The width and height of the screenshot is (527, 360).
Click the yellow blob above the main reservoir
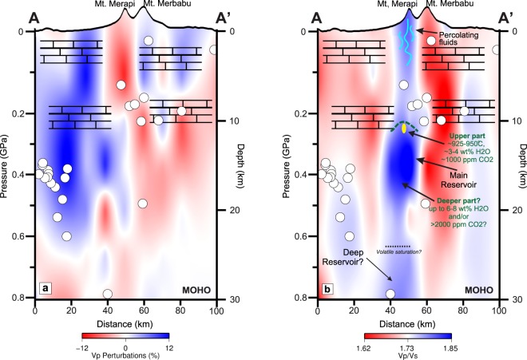404,127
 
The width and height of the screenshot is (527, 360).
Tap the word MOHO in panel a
192,289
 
